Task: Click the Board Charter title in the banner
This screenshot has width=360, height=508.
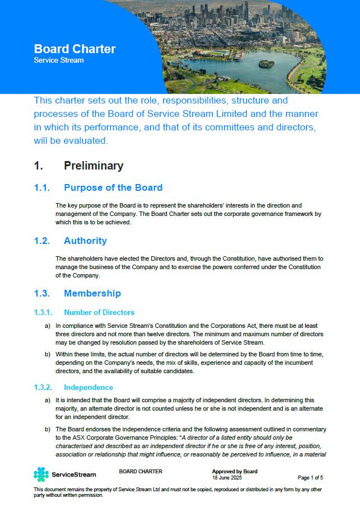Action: [x=74, y=49]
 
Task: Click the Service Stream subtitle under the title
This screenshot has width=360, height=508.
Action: [x=58, y=60]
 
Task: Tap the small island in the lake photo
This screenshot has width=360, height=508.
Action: [x=267, y=63]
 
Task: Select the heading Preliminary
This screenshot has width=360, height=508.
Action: [x=93, y=166]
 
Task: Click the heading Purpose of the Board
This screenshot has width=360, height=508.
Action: [x=113, y=187]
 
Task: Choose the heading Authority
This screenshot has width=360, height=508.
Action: [x=85, y=241]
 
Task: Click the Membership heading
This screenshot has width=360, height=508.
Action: [x=92, y=293]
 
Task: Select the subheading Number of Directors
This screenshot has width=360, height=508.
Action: [x=99, y=312]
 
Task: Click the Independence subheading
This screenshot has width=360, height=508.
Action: [x=88, y=387]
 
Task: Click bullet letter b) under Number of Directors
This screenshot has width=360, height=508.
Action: [x=47, y=354]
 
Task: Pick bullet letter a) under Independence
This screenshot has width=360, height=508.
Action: [x=47, y=401]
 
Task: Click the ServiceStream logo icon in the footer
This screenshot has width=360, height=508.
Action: [x=41, y=474]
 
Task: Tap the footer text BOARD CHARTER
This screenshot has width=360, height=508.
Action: [x=141, y=472]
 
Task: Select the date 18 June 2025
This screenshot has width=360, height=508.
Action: [x=226, y=477]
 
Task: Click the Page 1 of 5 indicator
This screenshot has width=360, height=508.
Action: [x=310, y=477]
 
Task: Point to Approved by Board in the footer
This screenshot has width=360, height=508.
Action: [x=235, y=472]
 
